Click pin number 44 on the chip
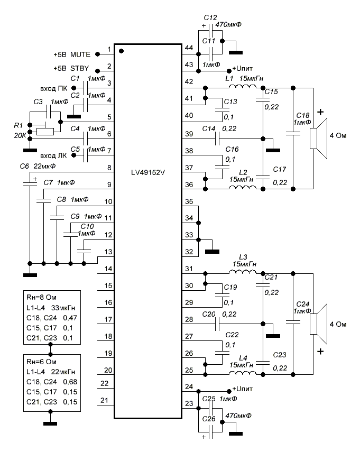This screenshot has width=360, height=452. pyautogui.click(x=189, y=48)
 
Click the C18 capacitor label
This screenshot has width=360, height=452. pyautogui.click(x=302, y=115)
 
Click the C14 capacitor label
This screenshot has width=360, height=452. pyautogui.click(x=209, y=128)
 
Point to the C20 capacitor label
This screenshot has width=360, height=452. pyautogui.click(x=209, y=314)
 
